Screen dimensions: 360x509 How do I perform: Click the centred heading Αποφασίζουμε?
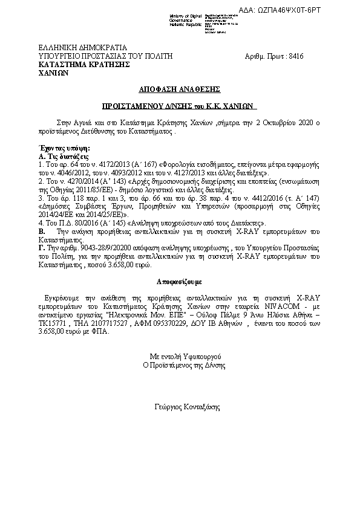179,282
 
